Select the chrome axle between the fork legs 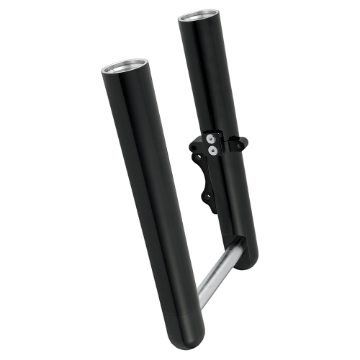215,271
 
